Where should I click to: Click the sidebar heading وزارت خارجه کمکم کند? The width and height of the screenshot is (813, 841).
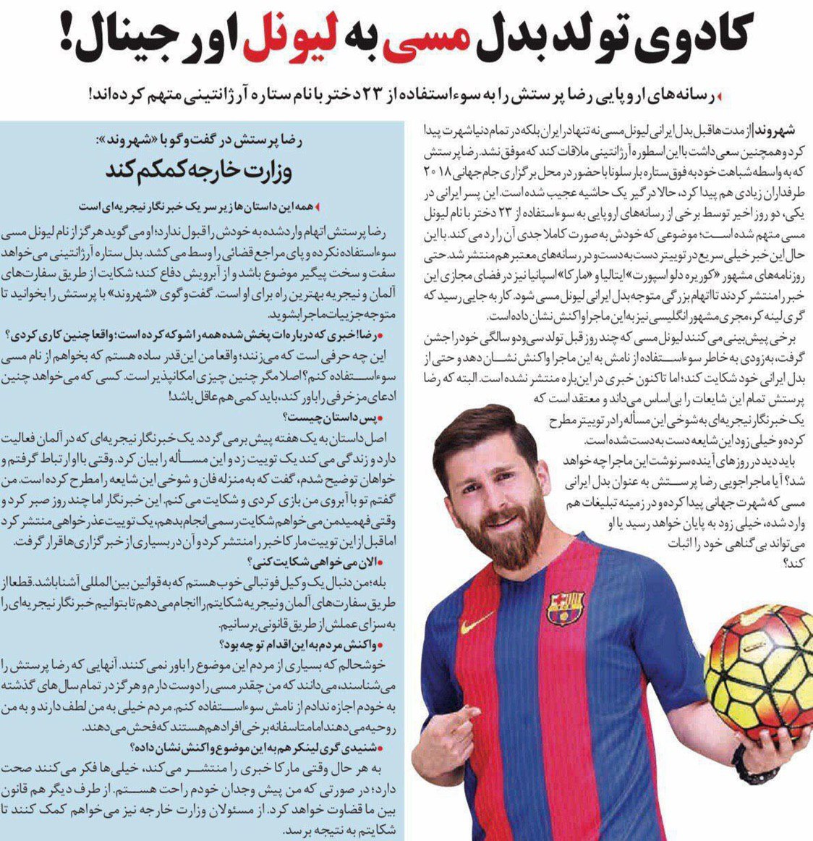click(x=209, y=172)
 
